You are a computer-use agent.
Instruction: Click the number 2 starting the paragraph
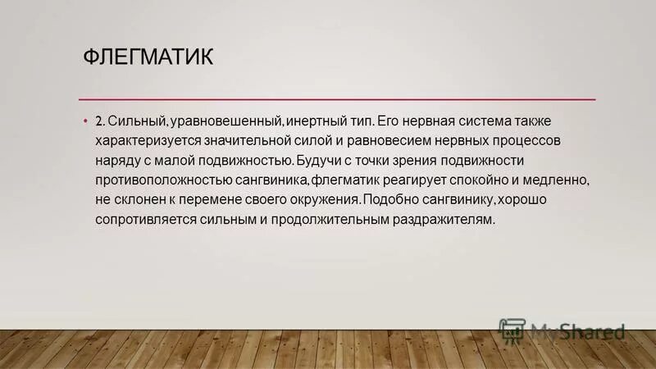pyautogui.click(x=99, y=121)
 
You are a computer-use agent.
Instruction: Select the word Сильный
pyautogui.click(x=138, y=121)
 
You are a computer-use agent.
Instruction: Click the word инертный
pyautogui.click(x=320, y=121)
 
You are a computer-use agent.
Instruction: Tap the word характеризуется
pyautogui.click(x=150, y=141)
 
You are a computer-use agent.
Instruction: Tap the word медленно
pyautogui.click(x=558, y=180)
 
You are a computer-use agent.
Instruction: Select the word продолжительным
pyautogui.click(x=318, y=220)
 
